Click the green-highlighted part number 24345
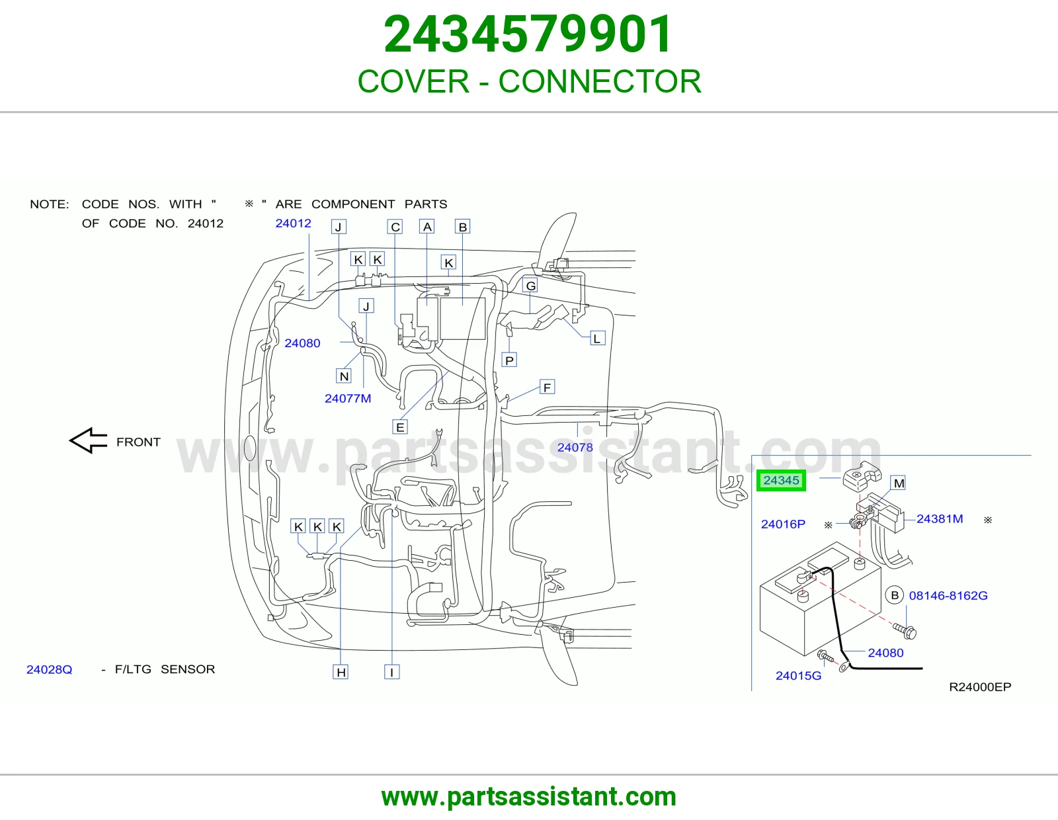[x=781, y=481]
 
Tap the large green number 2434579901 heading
[x=528, y=34]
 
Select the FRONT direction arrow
[x=88, y=440]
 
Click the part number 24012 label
[x=293, y=224]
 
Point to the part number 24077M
[x=348, y=398]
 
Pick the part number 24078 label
[x=575, y=448]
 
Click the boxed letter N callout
[x=345, y=376]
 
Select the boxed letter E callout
[x=400, y=427]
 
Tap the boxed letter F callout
[x=548, y=387]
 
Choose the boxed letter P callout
[x=509, y=360]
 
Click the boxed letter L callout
[x=597, y=339]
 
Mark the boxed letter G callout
[x=531, y=286]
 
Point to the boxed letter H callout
[x=341, y=673]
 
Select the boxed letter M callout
[x=899, y=483]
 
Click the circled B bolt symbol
[x=895, y=595]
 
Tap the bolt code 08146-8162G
[x=948, y=596]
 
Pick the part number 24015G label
[x=798, y=676]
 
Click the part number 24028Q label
[x=49, y=669]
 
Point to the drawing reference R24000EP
[x=980, y=687]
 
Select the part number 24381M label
[x=940, y=519]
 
